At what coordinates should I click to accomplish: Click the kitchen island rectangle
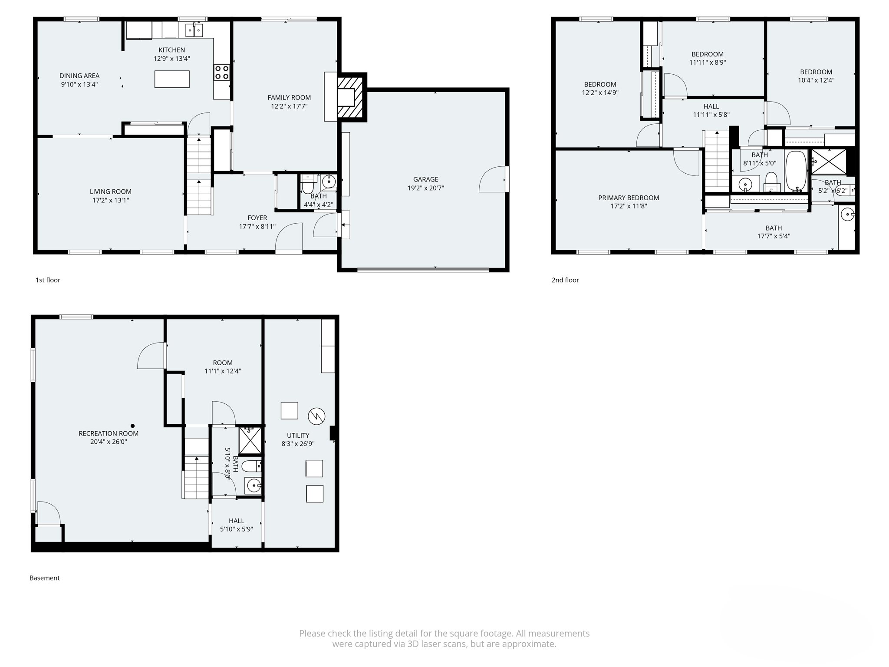pos(172,79)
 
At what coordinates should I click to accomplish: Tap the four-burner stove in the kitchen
pos(221,72)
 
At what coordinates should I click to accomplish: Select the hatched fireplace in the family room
pos(350,97)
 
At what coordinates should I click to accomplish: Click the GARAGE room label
pos(425,179)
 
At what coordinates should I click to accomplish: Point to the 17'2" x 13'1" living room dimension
pos(110,200)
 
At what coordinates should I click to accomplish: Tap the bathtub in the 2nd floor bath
pos(796,172)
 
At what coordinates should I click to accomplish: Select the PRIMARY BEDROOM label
pos(628,198)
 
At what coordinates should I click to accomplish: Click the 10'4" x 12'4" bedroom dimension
pos(816,80)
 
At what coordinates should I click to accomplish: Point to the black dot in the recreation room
pos(133,426)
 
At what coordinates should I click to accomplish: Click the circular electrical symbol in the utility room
pos(316,416)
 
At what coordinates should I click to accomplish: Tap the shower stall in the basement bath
pos(250,440)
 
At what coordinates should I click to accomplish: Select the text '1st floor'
pos(48,280)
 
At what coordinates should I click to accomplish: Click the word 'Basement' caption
pos(44,578)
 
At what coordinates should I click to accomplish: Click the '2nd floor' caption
pos(565,280)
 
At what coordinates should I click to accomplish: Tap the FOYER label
pos(257,218)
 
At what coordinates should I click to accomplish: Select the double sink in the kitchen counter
pos(194,30)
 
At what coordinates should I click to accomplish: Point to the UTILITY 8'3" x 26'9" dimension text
pos(298,444)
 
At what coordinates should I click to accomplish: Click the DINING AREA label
pos(79,76)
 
